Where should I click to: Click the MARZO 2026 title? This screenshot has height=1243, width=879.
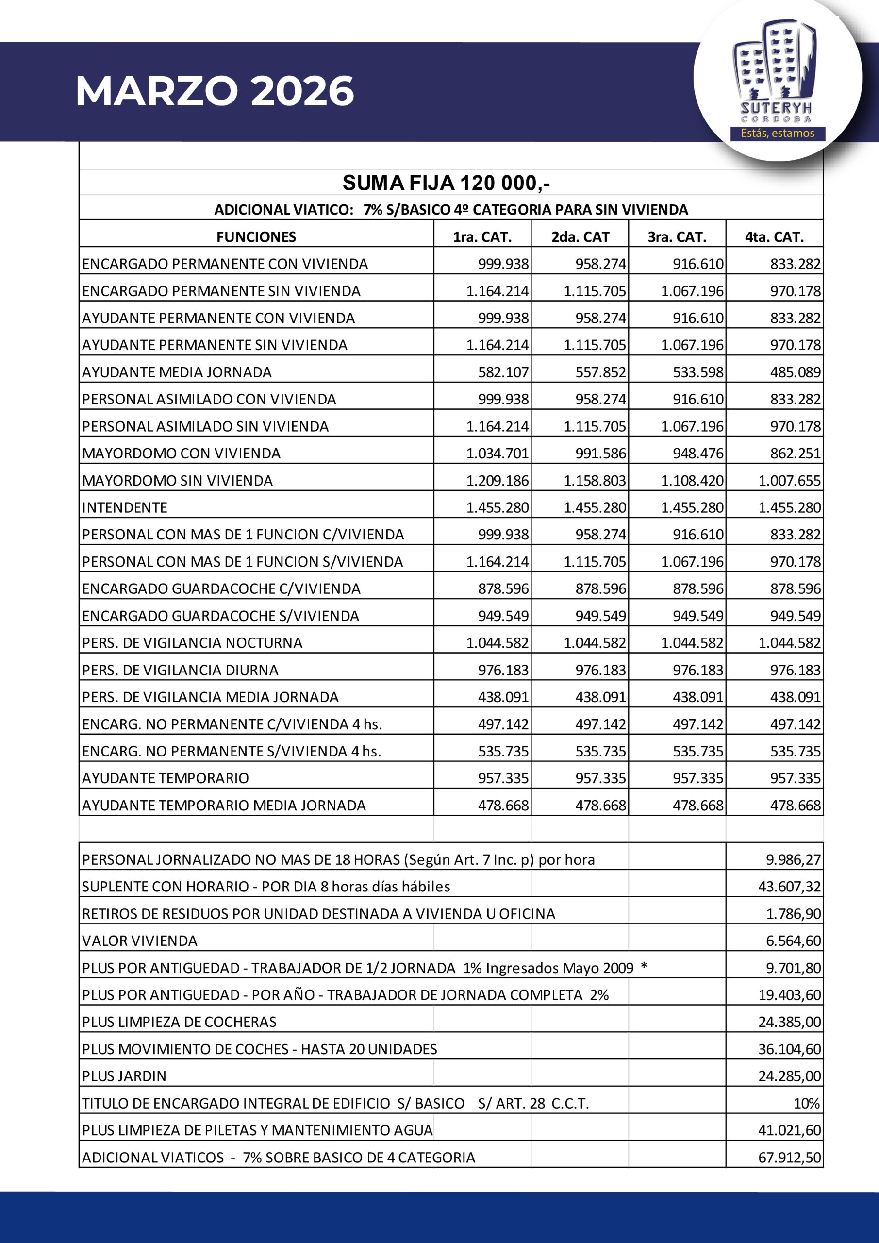pyautogui.click(x=215, y=91)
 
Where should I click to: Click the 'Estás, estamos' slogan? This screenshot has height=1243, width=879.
pyautogui.click(x=777, y=133)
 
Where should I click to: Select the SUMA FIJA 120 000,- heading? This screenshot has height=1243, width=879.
pyautogui.click(x=446, y=183)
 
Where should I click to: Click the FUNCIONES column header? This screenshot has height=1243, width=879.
pyautogui.click(x=256, y=237)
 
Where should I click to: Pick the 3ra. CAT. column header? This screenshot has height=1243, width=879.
pyautogui.click(x=677, y=237)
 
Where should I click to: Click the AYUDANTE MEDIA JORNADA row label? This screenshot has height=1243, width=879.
pyautogui.click(x=177, y=372)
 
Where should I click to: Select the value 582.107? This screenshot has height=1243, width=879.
pyautogui.click(x=503, y=372)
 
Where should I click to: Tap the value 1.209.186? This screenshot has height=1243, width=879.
pyautogui.click(x=497, y=481)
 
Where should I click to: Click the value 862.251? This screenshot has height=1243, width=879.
pyautogui.click(x=795, y=454)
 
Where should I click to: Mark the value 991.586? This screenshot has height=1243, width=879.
pyautogui.click(x=600, y=454)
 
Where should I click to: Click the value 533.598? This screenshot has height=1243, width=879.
pyautogui.click(x=697, y=372)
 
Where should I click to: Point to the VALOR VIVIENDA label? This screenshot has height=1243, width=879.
pyautogui.click(x=140, y=941)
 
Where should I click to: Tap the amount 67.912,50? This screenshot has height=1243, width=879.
pyautogui.click(x=789, y=1158)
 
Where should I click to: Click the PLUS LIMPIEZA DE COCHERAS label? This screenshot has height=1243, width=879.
pyautogui.click(x=179, y=1022)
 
